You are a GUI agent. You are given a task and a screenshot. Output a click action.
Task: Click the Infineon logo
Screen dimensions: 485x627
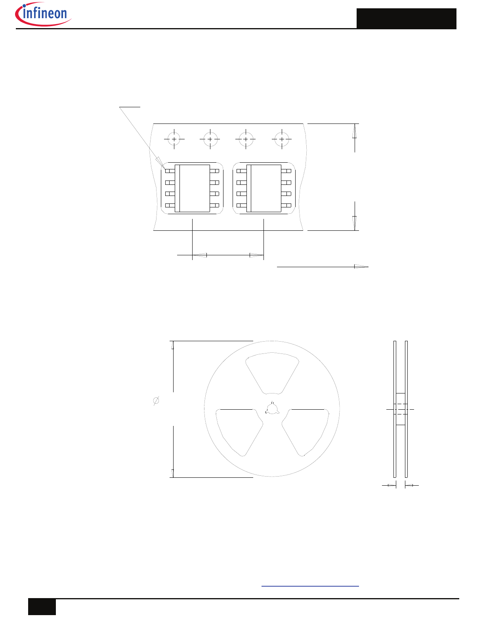tap(43, 14)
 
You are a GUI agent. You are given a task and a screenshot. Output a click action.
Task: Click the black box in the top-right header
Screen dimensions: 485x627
tap(406, 19)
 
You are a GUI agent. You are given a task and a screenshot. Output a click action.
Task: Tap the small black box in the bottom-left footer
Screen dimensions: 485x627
tap(42, 607)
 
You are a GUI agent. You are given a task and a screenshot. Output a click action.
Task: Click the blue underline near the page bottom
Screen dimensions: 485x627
tap(310, 586)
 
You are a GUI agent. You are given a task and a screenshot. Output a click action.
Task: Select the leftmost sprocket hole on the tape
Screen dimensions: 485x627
tap(174, 139)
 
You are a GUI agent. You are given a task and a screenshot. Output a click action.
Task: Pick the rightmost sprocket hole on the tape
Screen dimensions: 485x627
tap(282, 139)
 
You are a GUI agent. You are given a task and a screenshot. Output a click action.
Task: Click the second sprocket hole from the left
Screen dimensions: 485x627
tap(210, 139)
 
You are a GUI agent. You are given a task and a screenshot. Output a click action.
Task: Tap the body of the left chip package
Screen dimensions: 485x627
tap(192, 188)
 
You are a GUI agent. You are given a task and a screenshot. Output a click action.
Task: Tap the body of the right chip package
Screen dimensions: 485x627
tap(264, 188)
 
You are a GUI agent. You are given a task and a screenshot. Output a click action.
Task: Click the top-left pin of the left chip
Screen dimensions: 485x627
tap(170, 171)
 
